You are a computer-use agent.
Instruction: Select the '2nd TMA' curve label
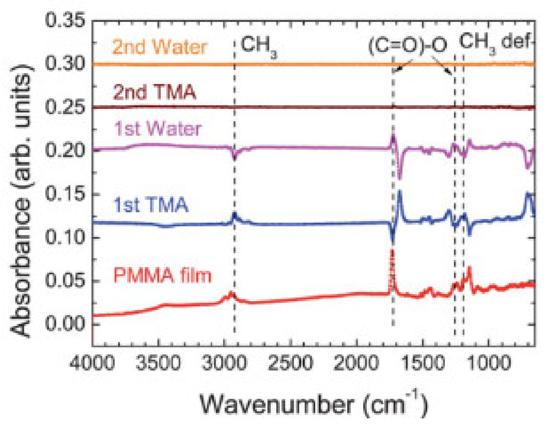point(154,92)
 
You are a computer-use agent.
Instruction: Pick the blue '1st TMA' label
point(151,205)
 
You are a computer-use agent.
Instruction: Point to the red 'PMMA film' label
point(162,275)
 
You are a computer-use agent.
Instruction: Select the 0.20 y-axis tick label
point(65,151)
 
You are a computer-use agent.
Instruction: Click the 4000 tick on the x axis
point(92,363)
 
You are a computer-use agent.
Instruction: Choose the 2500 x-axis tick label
point(290,363)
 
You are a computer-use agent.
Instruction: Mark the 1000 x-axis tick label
point(488,363)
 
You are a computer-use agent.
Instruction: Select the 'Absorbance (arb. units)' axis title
point(21,200)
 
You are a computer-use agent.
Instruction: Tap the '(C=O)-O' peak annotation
point(408,46)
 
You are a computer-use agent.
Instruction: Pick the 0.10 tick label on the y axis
point(65,237)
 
